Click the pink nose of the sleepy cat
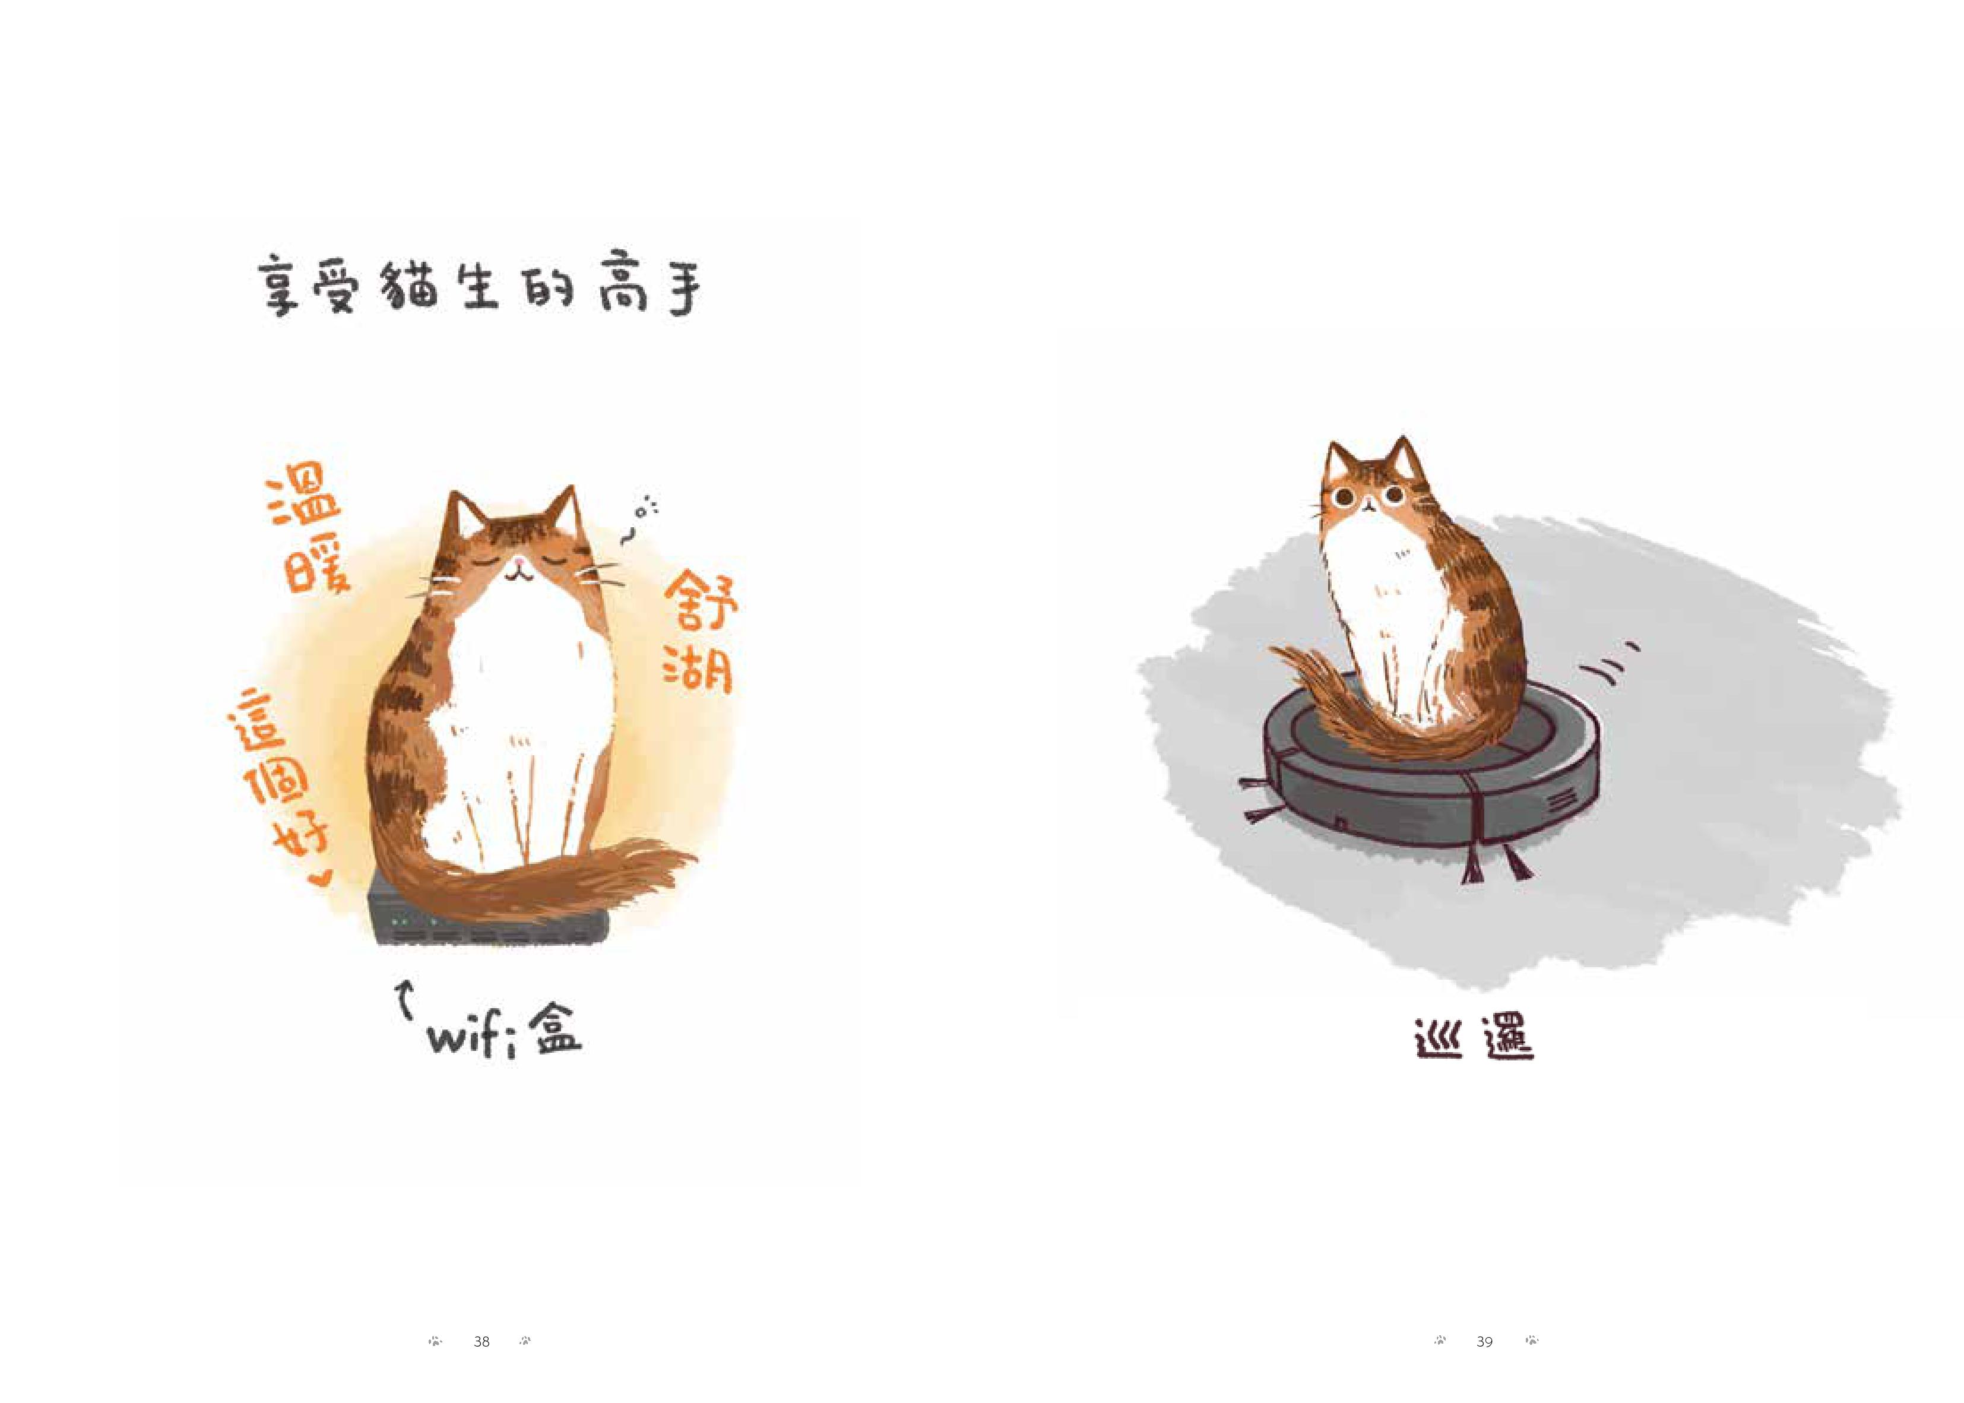tap(517, 568)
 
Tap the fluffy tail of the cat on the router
tap(553, 881)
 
